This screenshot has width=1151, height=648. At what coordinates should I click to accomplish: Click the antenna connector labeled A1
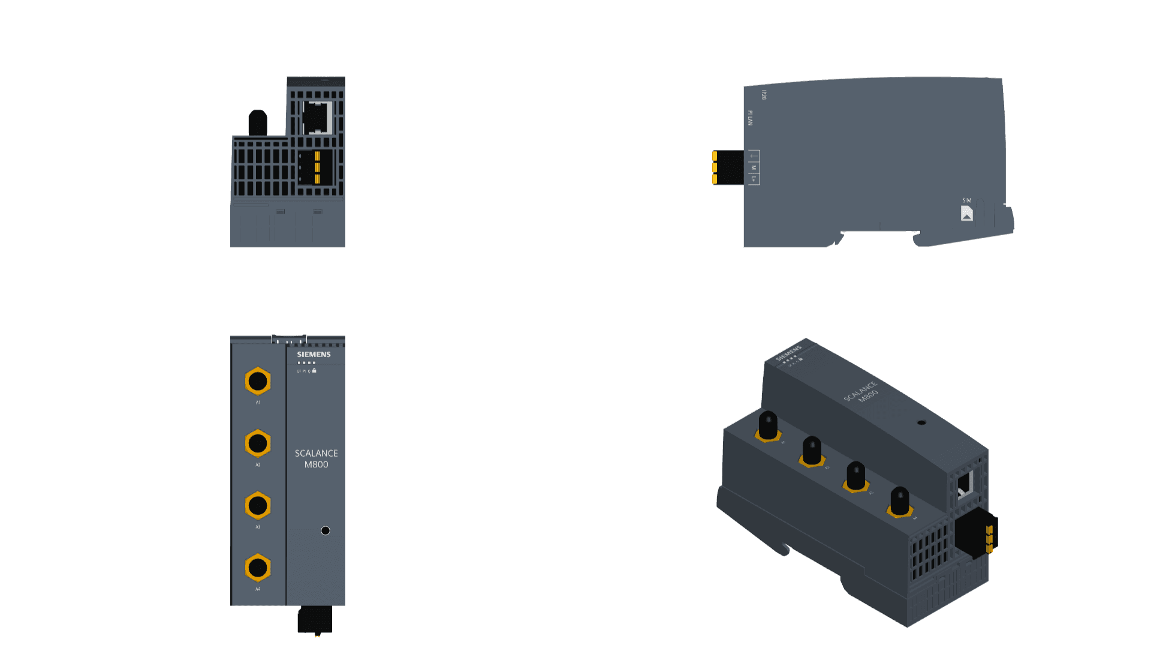coord(258,381)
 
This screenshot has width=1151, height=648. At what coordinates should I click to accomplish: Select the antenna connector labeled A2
coord(258,443)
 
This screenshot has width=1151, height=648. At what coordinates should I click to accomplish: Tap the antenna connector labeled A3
coord(258,506)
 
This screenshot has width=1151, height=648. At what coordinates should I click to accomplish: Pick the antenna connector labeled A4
coord(258,568)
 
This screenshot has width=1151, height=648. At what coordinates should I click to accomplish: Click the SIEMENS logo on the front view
coord(314,355)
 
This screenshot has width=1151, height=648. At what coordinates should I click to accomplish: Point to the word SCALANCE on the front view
coord(316,453)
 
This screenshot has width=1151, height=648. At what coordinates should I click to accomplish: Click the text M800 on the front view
coord(316,464)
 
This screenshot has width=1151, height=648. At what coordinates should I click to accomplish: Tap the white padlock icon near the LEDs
coord(314,370)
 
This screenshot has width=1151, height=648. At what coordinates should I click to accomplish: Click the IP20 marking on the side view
coord(764,95)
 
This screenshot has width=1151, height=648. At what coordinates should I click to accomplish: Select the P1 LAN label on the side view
coord(750,118)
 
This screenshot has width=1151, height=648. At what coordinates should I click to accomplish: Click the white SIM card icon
coord(966,214)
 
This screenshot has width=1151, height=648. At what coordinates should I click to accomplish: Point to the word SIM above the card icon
coord(966,200)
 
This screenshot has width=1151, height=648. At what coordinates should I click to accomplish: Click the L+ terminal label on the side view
coord(754,179)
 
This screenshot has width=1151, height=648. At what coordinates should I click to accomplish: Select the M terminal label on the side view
coord(754,168)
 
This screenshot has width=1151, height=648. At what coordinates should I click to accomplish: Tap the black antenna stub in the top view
coord(258,123)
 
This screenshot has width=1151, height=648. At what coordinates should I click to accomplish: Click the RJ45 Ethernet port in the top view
coord(317,118)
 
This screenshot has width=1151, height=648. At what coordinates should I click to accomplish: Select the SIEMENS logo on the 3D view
coord(788,353)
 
